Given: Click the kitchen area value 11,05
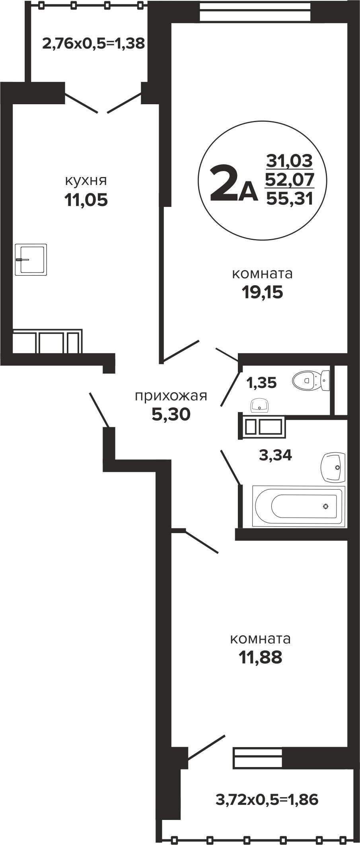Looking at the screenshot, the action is point(86,200).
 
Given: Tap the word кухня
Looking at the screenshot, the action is point(86,181).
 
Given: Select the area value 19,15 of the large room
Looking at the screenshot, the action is point(262,292).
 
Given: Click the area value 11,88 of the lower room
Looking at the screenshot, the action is point(261,658).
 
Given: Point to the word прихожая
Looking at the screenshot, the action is point(171,397).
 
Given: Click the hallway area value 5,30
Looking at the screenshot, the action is point(171,415).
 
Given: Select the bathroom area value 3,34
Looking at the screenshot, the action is point(275,455).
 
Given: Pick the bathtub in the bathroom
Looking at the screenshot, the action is point(298,506).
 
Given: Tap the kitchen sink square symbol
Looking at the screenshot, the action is point(31,259).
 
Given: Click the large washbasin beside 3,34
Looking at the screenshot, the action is point(333,467).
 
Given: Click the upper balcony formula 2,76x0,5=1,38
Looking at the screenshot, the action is point(93,43).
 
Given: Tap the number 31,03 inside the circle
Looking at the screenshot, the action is point(290,161).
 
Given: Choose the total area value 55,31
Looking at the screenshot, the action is point(290,197).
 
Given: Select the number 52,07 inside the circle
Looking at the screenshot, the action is point(290,179).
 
